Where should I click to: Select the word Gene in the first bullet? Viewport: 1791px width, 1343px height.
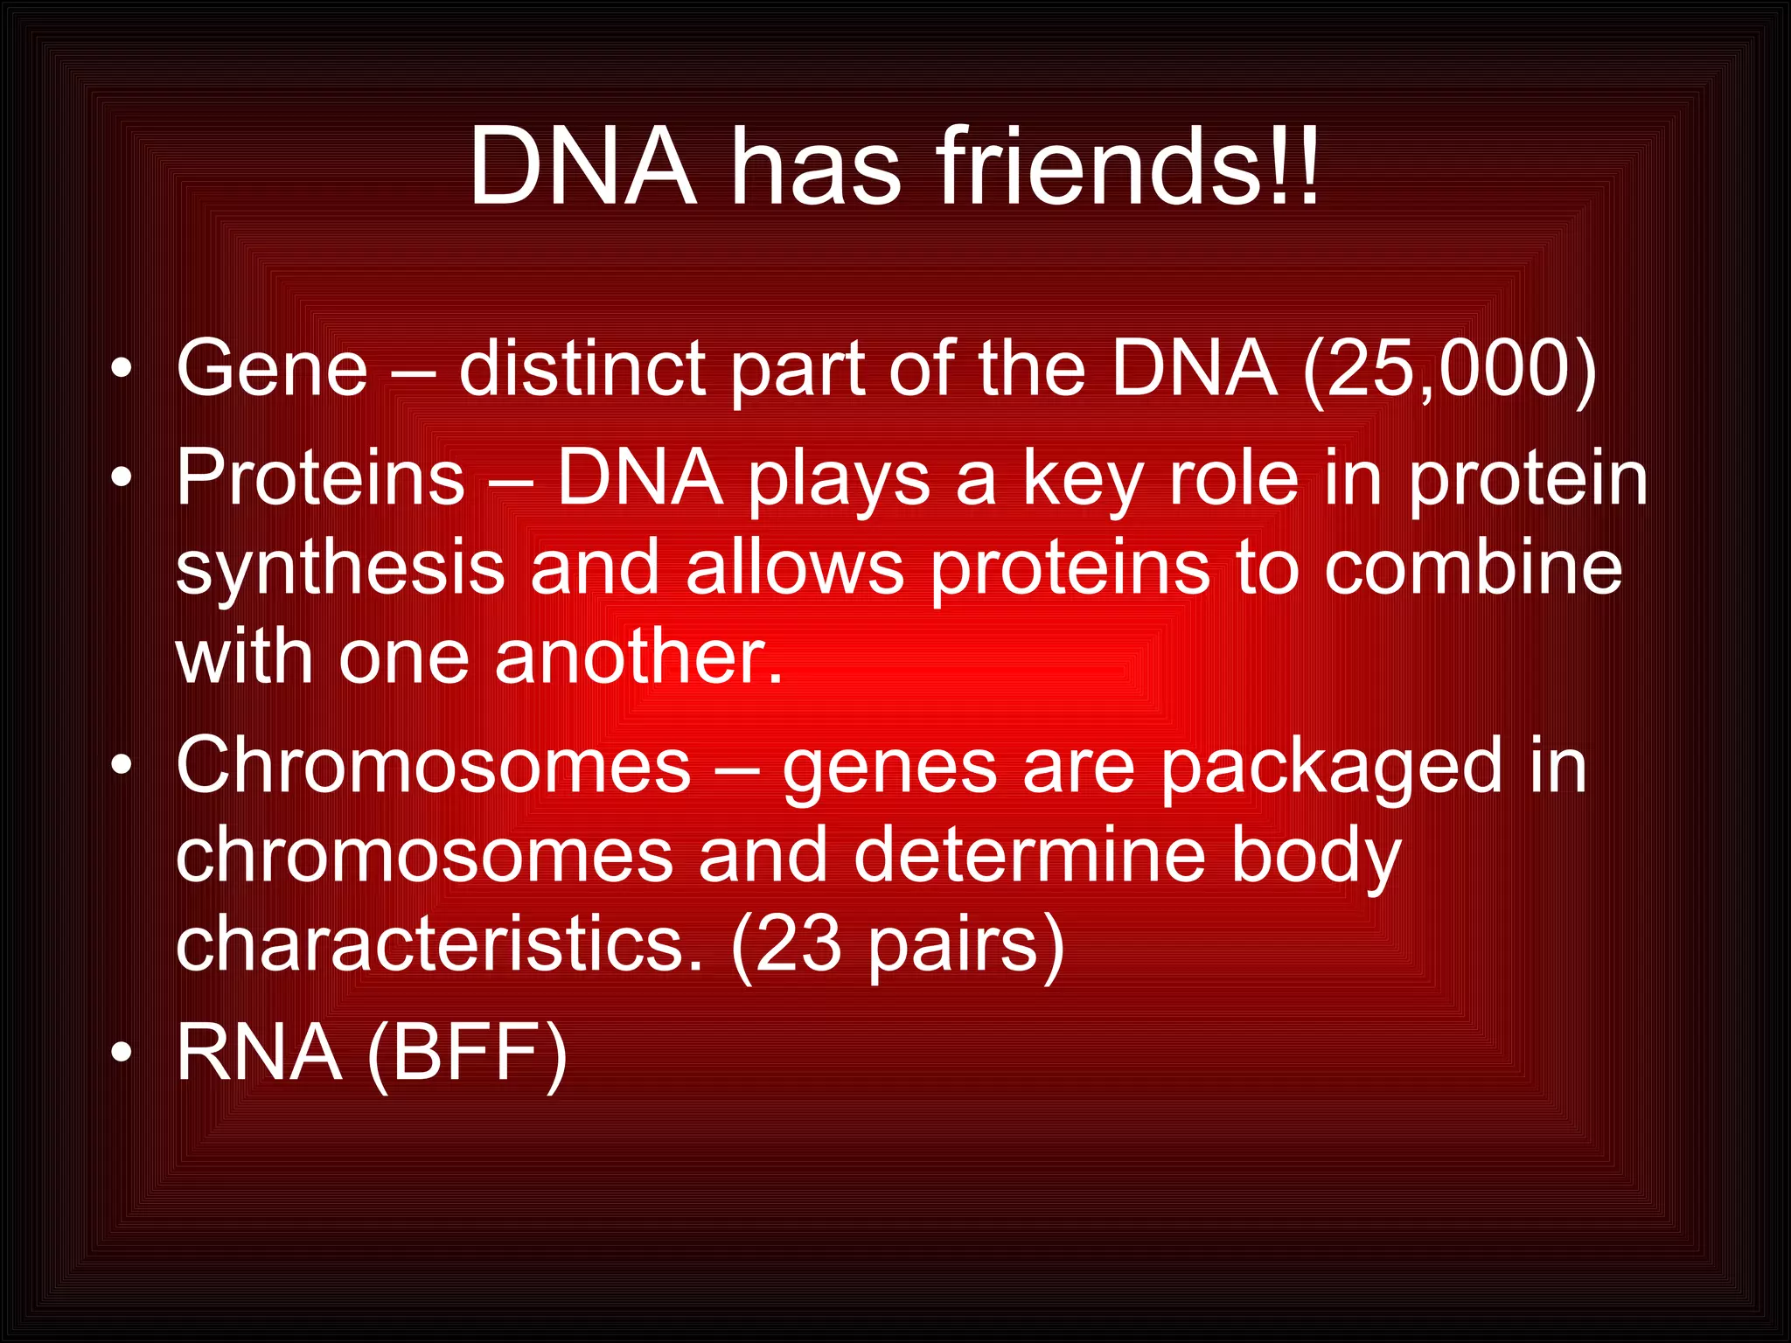coord(272,369)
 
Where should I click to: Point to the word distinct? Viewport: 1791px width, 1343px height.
coord(582,369)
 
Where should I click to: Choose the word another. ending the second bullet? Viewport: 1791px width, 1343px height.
coord(638,658)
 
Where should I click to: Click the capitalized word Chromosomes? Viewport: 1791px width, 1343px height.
coord(434,766)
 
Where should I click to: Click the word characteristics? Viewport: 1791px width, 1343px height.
coord(439,944)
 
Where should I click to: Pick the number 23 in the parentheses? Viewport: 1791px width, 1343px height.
coord(798,944)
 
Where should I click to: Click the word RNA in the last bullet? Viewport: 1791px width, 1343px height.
coord(259,1054)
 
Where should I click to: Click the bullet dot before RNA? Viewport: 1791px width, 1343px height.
coord(122,1054)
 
